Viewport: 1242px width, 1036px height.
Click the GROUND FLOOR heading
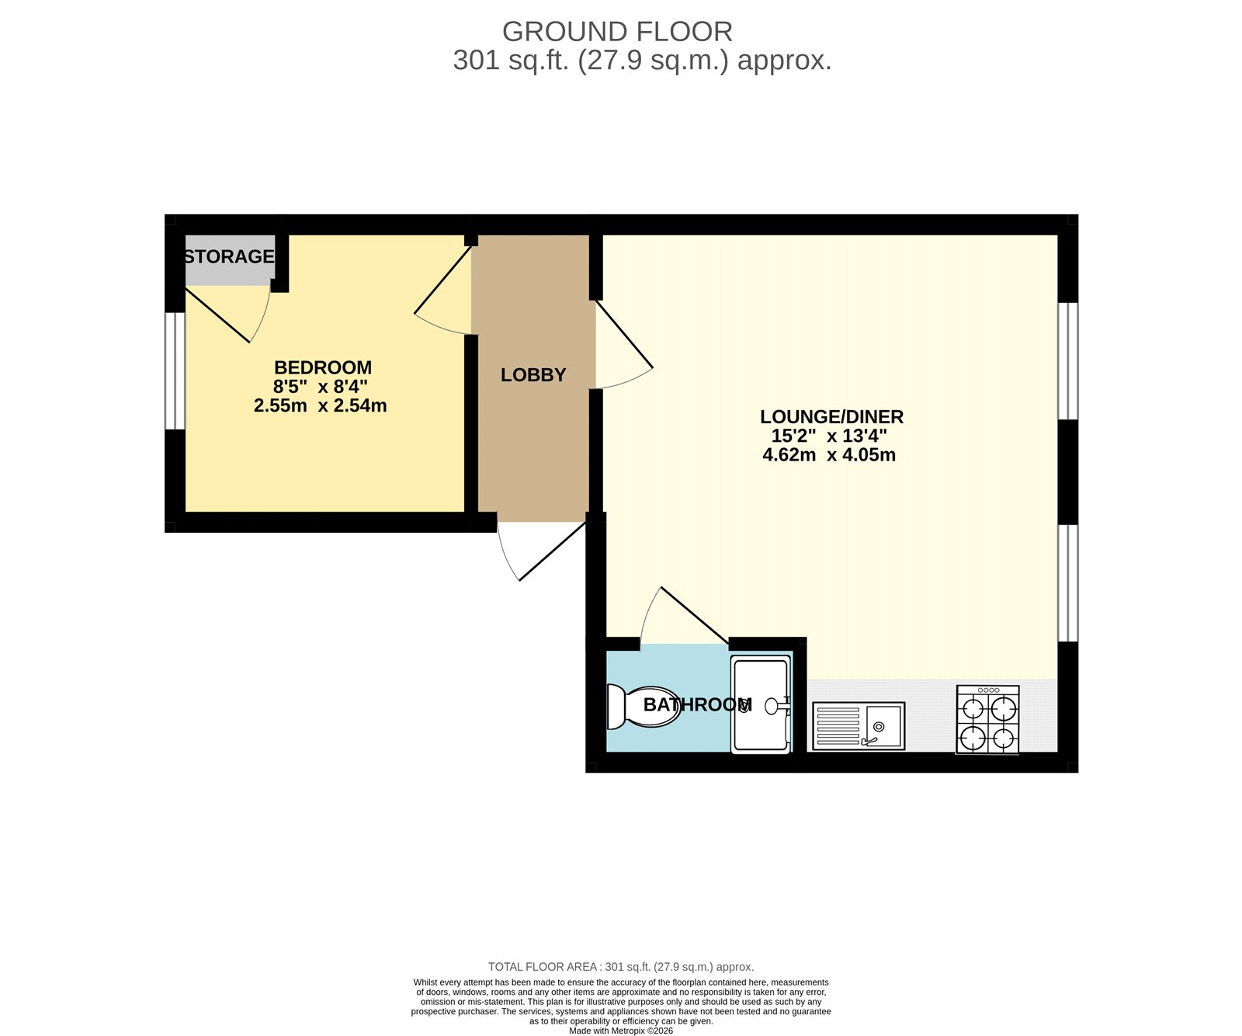pos(617,32)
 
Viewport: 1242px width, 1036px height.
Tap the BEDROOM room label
pos(323,367)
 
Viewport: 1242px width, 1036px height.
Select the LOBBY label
pos(533,375)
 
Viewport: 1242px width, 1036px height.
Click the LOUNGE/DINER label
pos(831,417)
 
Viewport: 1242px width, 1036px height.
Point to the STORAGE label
pos(229,256)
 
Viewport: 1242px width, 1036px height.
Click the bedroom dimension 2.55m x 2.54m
pos(320,405)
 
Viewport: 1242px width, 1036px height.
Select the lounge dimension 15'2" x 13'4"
pos(829,436)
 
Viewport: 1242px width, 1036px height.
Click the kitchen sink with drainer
pos(859,726)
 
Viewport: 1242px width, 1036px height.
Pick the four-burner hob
pos(987,720)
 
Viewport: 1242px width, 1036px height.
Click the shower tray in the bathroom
pos(761,704)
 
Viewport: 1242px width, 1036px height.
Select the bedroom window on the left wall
pos(175,371)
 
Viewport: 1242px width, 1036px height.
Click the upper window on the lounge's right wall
pos(1068,361)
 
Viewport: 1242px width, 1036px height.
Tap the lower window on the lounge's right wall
pos(1068,583)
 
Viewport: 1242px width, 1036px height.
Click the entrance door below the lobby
pos(543,554)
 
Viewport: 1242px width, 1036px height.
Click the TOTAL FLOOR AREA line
pos(620,967)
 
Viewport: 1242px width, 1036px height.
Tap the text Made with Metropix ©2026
pos(620,1031)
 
